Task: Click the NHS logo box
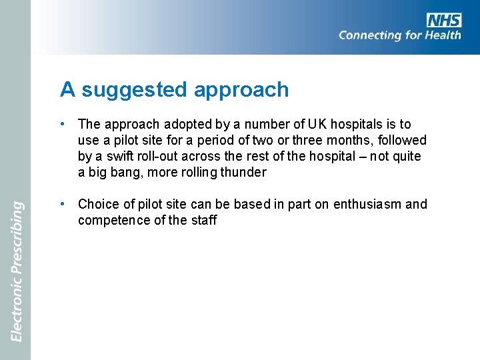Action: (444, 20)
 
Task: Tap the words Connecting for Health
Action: (399, 35)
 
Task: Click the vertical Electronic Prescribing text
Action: (17, 271)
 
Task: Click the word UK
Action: (315, 124)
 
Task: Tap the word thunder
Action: (245, 172)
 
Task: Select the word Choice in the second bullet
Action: (97, 204)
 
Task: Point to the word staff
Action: (203, 220)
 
